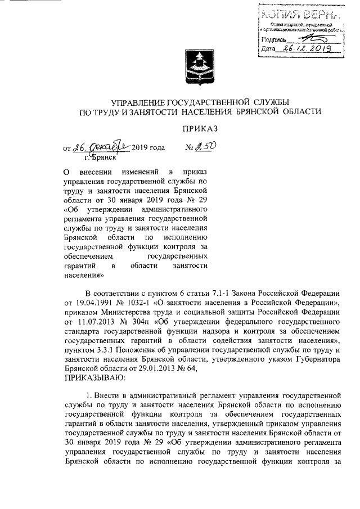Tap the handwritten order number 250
coord(205,147)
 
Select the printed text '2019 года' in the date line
coord(148,148)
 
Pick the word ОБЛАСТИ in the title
coord(303,113)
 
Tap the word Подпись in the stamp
coord(274,39)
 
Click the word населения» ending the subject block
coord(85,276)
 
